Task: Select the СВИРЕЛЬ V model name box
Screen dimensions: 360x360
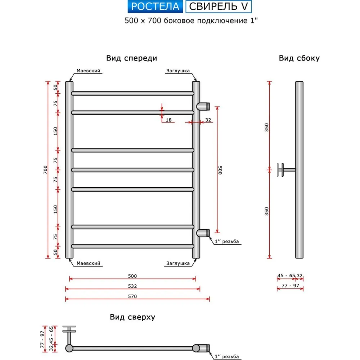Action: pos(219,7)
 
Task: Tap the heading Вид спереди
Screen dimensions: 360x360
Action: pos(131,58)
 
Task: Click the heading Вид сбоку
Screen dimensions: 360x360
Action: pos(299,58)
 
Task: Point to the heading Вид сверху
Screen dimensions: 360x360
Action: pos(132,317)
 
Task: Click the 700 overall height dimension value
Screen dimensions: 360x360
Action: pos(45,170)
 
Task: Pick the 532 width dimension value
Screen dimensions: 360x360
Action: pos(132,286)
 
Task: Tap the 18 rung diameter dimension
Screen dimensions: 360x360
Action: pos(168,120)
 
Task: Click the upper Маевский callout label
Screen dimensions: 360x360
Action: pos(88,71)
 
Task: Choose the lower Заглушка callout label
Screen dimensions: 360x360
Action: pos(178,264)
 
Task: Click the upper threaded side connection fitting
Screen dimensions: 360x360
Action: pos(203,106)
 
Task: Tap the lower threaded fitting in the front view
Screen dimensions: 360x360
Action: pos(203,233)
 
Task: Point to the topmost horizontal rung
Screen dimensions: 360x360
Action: pos(132,93)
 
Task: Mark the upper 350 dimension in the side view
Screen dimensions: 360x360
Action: pos(267,127)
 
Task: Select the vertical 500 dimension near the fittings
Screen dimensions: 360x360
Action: pos(220,170)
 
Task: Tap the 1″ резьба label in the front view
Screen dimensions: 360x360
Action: pos(227,241)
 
